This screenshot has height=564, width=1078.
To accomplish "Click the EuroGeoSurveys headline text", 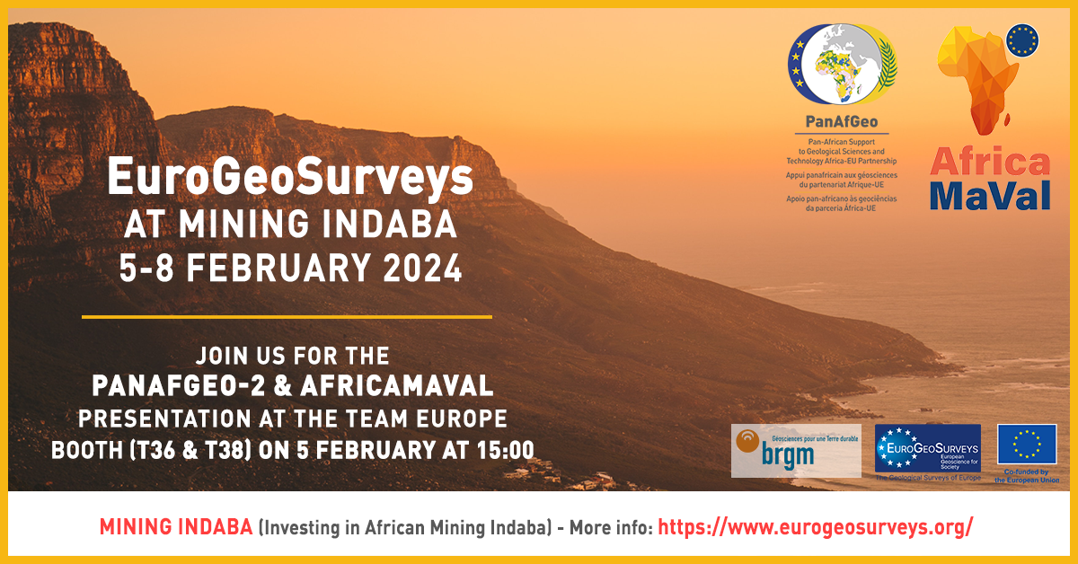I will click(x=289, y=176).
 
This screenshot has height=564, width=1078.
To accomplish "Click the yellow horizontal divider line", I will click(x=287, y=316).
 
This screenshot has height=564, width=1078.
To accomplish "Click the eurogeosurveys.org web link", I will click(x=815, y=527).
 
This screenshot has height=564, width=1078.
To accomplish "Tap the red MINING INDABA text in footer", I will click(x=176, y=527).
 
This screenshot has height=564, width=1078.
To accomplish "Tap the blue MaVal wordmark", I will click(x=990, y=195).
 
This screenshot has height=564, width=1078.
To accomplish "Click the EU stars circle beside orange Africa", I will click(x=1022, y=40).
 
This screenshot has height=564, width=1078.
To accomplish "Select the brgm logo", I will click(x=796, y=450).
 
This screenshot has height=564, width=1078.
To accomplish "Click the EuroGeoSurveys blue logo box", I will click(x=928, y=449).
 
